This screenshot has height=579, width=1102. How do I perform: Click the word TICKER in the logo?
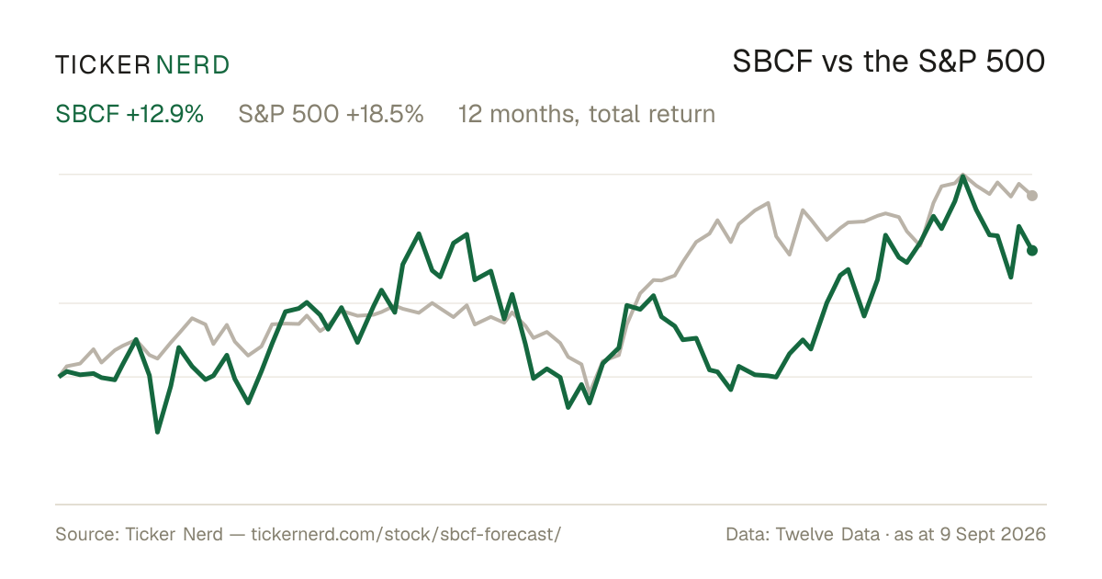tap(103, 65)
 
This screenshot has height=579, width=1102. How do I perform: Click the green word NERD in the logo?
tap(192, 65)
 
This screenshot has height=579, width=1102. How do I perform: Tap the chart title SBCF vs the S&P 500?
tap(889, 62)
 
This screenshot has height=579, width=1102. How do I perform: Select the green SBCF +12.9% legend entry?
tap(129, 114)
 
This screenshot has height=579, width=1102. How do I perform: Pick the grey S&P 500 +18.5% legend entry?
tap(331, 114)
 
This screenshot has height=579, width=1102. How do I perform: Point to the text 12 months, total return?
tap(587, 114)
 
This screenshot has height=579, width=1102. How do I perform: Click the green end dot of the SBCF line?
tap(1032, 251)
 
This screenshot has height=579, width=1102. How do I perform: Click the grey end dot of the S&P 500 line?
tap(1032, 196)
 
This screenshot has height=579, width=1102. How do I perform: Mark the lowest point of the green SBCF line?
tap(157, 432)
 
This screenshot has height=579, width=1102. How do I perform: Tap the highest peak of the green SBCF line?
tap(962, 176)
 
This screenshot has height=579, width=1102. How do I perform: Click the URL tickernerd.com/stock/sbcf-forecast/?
tap(406, 534)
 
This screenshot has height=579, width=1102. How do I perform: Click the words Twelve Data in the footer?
tap(827, 534)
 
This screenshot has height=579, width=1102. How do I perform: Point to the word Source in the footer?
tap(84, 534)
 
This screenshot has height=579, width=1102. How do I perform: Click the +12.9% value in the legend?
tap(164, 114)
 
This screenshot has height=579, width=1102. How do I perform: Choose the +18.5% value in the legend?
tap(385, 114)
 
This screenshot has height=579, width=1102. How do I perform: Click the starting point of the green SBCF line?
tap(60, 376)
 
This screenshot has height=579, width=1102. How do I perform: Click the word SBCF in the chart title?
tap(772, 62)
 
